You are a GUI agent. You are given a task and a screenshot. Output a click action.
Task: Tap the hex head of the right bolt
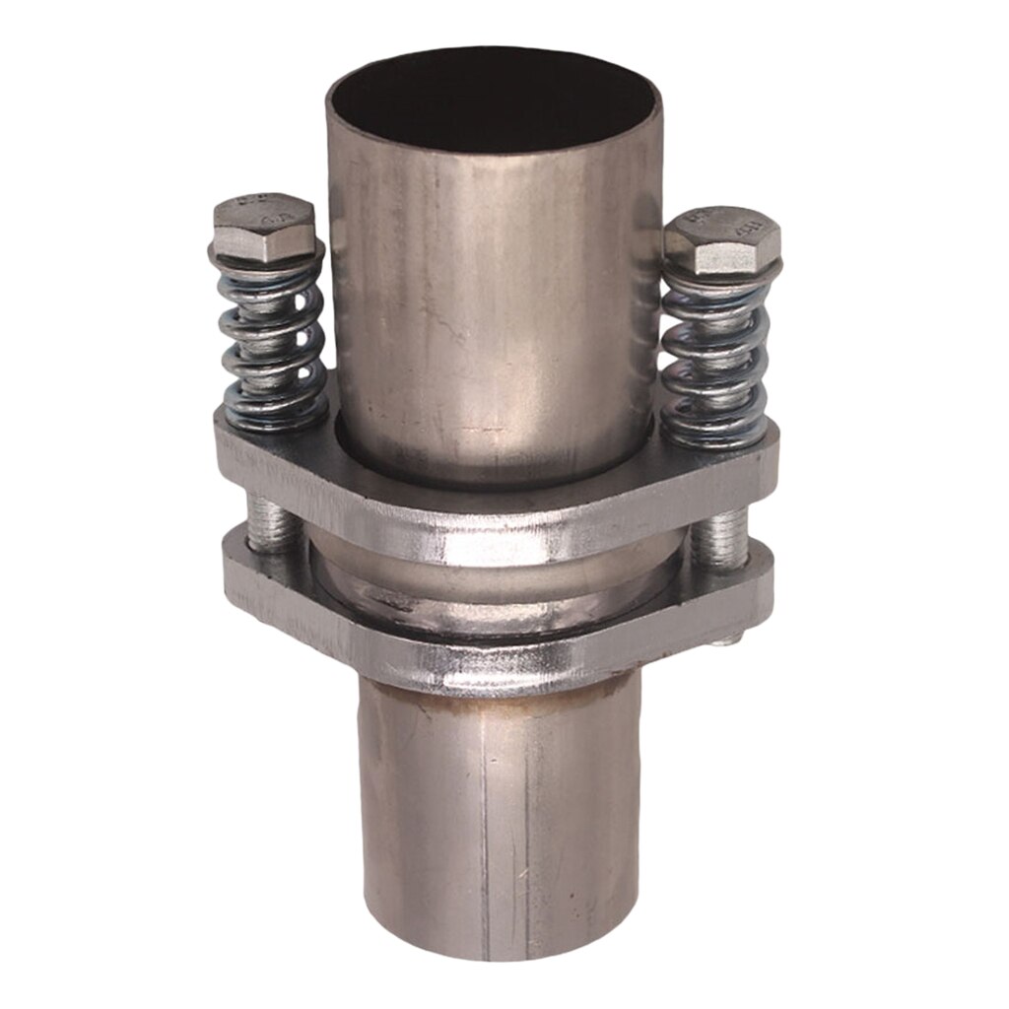tap(723, 239)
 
